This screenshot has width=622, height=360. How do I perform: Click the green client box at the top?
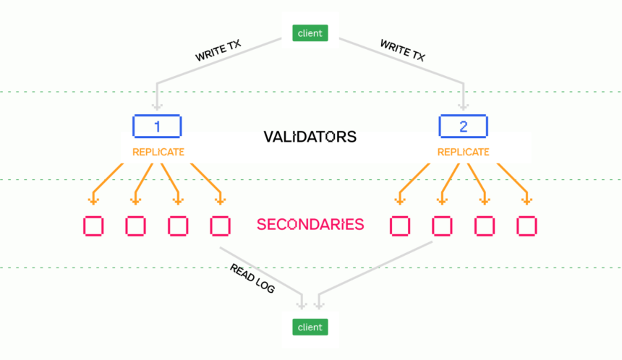click(310, 33)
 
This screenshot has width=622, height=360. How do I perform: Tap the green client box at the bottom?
click(310, 327)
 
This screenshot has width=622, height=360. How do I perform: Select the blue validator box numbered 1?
click(157, 127)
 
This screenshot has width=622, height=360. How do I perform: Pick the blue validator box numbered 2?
click(464, 127)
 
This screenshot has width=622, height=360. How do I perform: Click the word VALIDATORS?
click(310, 137)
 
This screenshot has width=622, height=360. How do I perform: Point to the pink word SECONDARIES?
click(310, 224)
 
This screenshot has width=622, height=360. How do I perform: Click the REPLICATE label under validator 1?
click(158, 153)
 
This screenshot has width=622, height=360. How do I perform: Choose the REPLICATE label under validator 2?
click(464, 153)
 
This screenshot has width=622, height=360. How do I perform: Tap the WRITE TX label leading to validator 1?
click(218, 51)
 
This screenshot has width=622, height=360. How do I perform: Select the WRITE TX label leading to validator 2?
click(403, 51)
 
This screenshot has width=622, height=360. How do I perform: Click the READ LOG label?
click(252, 279)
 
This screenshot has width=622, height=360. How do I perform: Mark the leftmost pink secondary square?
click(93, 226)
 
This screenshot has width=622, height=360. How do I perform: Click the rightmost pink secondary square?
click(527, 226)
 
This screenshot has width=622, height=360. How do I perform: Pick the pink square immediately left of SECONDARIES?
click(220, 226)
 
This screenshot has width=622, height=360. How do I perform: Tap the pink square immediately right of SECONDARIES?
click(400, 226)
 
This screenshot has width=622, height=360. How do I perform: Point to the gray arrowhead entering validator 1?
click(157, 106)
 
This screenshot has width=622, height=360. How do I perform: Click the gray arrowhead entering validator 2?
click(464, 106)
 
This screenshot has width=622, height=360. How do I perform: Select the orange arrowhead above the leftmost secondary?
click(93, 201)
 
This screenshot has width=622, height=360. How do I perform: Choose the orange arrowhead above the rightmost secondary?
click(527, 201)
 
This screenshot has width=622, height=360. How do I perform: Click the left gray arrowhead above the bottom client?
click(302, 305)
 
